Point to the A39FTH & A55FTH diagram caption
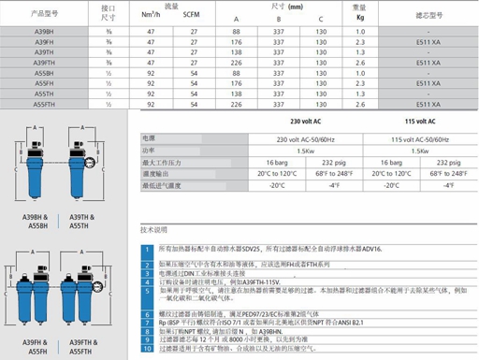click(84, 340)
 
